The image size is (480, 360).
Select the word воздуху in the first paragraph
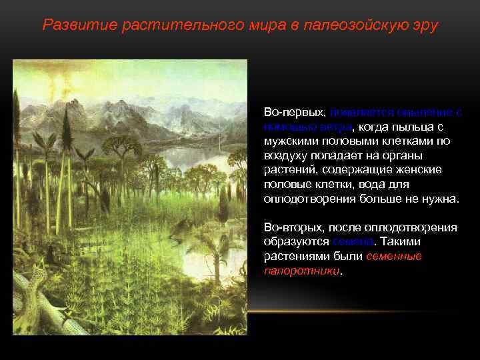(x=285, y=155)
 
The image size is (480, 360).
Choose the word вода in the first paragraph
(x=381, y=185)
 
